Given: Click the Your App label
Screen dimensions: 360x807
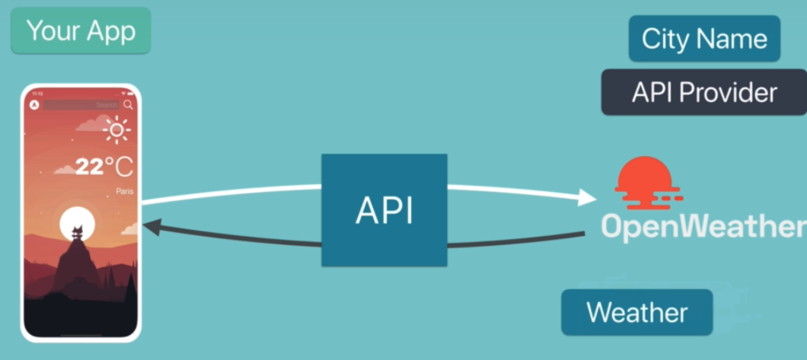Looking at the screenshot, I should point(81,30).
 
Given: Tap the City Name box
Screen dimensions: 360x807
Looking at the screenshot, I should point(704,39).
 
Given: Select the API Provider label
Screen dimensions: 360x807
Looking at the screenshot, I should point(704,93).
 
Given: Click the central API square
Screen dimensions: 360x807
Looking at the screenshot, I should point(384,210).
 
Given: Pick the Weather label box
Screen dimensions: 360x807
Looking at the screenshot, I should point(636,312).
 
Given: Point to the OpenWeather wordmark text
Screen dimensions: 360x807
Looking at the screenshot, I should point(702,226).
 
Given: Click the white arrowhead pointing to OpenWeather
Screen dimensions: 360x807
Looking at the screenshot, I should point(586,198).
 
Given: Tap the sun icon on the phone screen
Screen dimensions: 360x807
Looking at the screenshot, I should point(116,130).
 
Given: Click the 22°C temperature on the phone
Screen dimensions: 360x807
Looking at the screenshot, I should point(104,167).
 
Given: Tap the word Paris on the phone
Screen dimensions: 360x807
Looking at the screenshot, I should point(124,191).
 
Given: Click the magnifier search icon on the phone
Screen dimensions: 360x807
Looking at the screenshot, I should point(128,104).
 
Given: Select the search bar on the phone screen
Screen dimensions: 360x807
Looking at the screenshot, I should point(81,104).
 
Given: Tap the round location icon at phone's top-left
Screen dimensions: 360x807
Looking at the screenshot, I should point(33,104).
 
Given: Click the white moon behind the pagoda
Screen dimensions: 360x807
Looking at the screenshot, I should point(77,223).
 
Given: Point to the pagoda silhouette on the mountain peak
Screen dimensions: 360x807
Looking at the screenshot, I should point(77,233).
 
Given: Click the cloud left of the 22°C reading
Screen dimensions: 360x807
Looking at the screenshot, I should point(64,169).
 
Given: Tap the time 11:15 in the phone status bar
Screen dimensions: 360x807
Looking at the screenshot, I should point(38,94).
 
